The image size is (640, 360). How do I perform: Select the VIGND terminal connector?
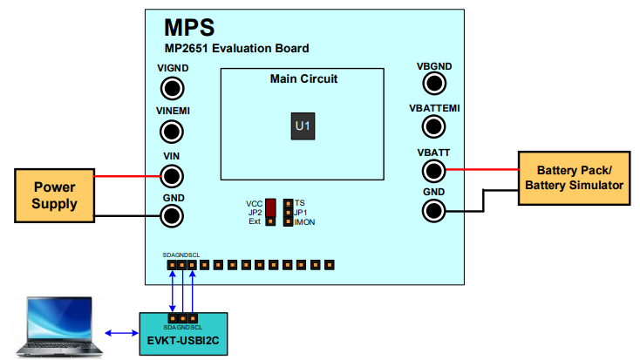click(x=173, y=88)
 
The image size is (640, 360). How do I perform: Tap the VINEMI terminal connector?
click(x=173, y=132)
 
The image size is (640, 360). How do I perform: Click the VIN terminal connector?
click(x=173, y=175)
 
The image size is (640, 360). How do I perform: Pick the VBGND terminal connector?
click(x=434, y=83)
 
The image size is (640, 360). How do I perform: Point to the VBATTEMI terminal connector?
click(x=434, y=126)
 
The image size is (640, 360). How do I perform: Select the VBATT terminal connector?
click(x=434, y=169)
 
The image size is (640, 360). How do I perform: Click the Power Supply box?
click(x=54, y=195)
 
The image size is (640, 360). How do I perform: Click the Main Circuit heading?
click(x=303, y=78)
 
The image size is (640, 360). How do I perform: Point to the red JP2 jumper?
click(x=271, y=207)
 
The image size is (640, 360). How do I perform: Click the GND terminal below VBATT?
click(x=434, y=210)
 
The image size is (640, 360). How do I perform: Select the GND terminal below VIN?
click(x=173, y=215)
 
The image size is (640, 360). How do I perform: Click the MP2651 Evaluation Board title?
click(x=235, y=48)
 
